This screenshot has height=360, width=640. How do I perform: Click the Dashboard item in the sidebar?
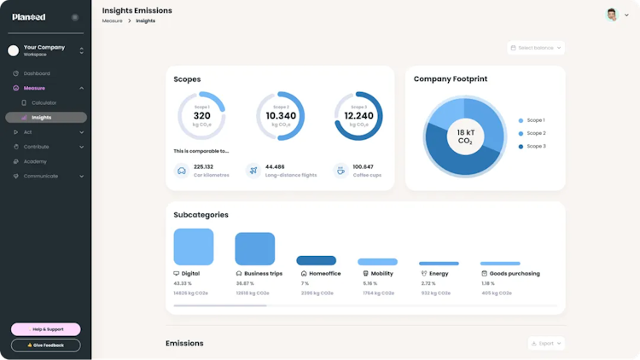(x=36, y=73)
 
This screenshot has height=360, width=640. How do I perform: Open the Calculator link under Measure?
(x=44, y=102)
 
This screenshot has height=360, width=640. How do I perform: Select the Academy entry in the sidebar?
(x=35, y=161)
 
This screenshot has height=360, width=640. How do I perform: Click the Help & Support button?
(x=46, y=329)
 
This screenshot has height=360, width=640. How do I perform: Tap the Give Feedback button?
(x=46, y=345)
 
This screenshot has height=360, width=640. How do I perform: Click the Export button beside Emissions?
(x=546, y=343)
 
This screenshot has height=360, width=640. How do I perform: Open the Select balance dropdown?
(x=536, y=48)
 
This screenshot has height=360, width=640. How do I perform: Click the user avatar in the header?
(x=612, y=15)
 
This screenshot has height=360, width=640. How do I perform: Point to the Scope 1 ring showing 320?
(x=201, y=116)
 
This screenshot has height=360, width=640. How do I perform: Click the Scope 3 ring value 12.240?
(x=358, y=116)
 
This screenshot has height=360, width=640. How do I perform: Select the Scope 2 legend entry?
(x=536, y=133)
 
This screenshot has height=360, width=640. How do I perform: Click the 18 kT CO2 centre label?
(x=465, y=136)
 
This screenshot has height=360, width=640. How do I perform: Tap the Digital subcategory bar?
(x=194, y=247)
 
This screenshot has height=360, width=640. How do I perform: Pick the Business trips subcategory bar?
(x=255, y=248)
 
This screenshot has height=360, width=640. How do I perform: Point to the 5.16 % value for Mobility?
(x=369, y=283)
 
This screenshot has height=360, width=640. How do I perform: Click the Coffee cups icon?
(x=340, y=170)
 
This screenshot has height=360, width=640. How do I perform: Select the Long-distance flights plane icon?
(x=253, y=170)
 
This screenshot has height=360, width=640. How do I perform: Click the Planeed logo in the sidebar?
(x=29, y=16)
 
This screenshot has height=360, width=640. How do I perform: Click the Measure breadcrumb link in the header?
(x=112, y=20)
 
